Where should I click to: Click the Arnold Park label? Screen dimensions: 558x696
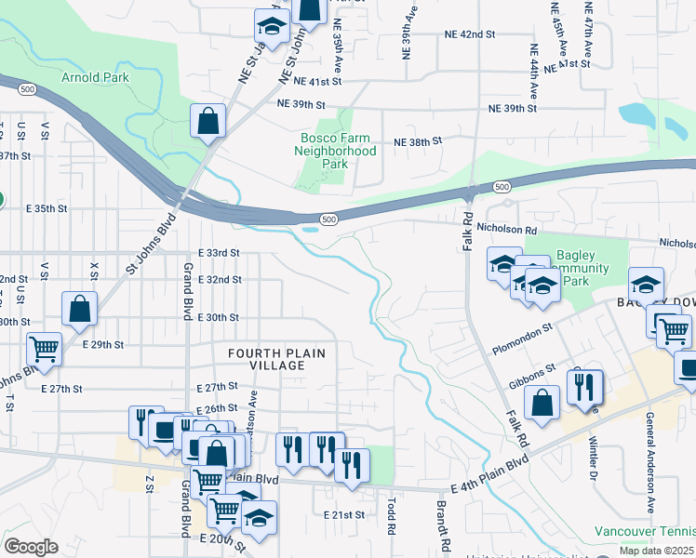(96, 78)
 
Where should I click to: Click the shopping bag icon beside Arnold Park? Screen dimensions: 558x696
(207, 121)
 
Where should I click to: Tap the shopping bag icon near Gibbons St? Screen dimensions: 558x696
(542, 404)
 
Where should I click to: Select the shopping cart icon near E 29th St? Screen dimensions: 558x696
(45, 350)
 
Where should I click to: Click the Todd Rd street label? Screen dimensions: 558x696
(391, 515)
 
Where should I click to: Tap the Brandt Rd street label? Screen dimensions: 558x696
(443, 526)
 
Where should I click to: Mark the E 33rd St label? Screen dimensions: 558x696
(220, 253)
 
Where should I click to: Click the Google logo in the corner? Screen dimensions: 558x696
(31, 547)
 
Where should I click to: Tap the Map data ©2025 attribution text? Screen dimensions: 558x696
(654, 551)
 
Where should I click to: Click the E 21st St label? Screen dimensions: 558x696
(344, 514)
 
